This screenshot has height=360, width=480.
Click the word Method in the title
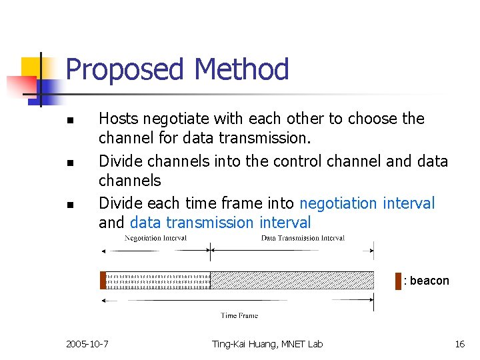tap(241, 70)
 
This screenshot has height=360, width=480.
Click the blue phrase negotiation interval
tap(367, 203)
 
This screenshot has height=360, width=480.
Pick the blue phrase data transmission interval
tap(220, 223)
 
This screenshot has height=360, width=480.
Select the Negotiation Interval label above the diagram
tap(155, 238)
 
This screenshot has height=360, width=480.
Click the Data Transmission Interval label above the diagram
tap(303, 238)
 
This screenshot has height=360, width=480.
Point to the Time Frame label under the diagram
tap(239, 315)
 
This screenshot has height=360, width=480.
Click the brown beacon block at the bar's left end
tap(103, 281)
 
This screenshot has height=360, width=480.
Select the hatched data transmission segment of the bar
tap(292, 281)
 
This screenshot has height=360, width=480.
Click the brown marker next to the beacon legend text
tap(398, 281)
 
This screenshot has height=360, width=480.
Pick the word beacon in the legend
tap(429, 281)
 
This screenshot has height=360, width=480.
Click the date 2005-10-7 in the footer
tap(87, 344)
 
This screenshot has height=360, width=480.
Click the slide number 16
tap(459, 344)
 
